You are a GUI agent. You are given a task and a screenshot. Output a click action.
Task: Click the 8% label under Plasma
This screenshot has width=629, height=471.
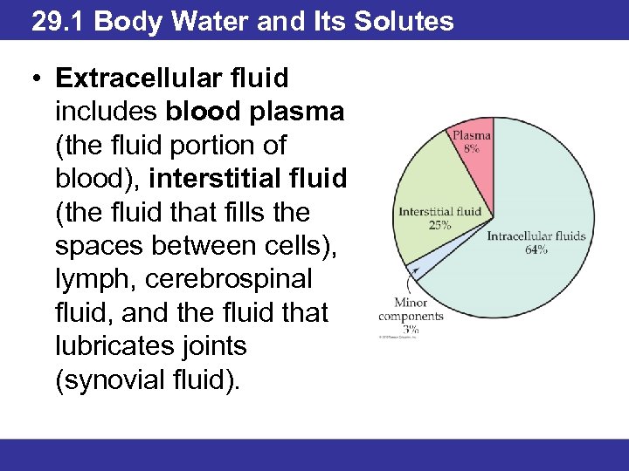tap(471, 150)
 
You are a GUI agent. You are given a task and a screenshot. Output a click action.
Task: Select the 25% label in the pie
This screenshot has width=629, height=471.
tap(439, 224)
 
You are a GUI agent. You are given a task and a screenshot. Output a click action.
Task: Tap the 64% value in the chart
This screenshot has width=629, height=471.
tap(536, 249)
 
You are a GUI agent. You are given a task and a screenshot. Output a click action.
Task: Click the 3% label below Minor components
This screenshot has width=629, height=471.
tap(411, 330)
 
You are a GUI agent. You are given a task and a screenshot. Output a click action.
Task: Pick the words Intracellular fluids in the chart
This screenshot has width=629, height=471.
tap(536, 236)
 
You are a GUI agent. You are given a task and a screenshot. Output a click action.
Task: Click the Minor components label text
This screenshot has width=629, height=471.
tap(411, 310)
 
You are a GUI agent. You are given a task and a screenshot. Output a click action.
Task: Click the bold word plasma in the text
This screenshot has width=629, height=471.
tap(305, 112)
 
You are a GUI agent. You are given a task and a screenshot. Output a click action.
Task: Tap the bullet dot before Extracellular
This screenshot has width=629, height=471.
tap(32, 79)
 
